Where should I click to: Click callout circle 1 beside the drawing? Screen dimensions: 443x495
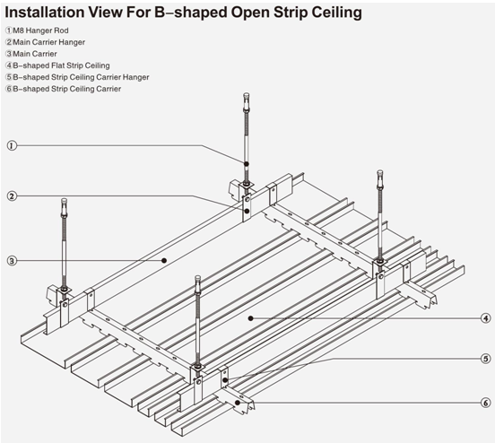pos(12,145)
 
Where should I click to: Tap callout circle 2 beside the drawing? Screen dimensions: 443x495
pos(12,195)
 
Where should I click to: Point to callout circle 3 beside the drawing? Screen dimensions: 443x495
pos(12,261)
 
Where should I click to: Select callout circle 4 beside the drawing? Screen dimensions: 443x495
pos(485,317)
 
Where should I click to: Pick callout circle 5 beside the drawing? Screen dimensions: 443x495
pos(485,359)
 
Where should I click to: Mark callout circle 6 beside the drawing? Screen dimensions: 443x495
pos(485,402)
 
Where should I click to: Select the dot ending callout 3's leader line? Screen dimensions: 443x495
pos(164,260)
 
